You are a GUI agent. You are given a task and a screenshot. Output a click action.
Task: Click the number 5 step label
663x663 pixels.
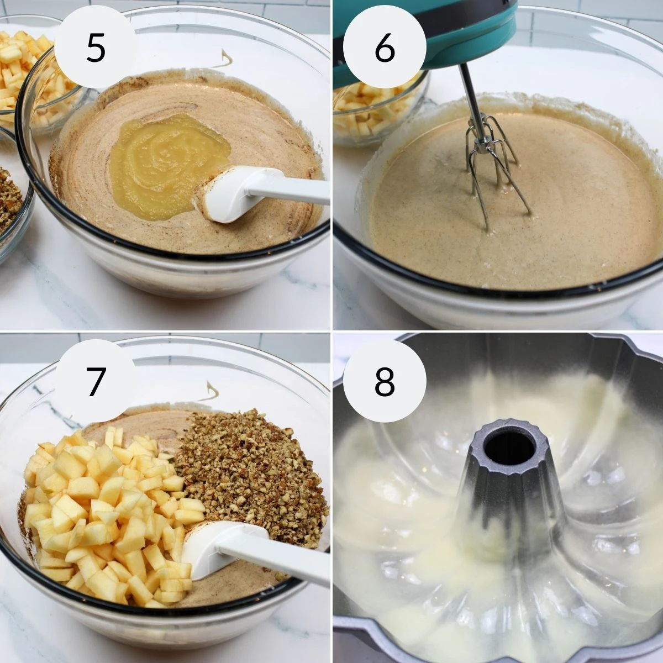[x=95, y=49]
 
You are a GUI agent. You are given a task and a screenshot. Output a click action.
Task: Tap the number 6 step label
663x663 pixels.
[x=385, y=49]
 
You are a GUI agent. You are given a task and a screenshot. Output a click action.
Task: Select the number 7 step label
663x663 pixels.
[x=96, y=381]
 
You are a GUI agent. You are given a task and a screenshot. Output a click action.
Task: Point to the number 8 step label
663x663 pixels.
[x=385, y=381]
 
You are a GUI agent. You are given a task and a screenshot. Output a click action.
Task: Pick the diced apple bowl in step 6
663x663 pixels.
[x=377, y=110]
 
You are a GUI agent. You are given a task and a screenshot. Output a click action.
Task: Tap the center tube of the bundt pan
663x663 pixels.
[x=509, y=516]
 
